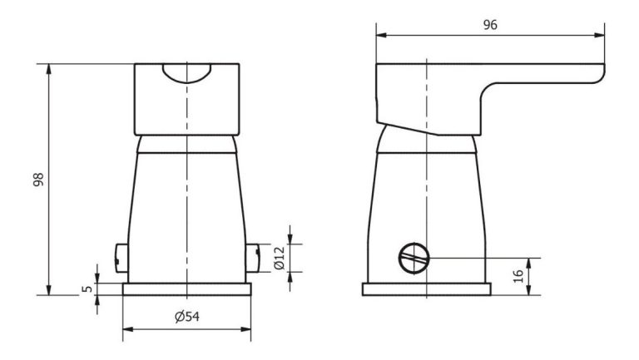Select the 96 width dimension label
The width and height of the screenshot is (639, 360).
click(x=490, y=25)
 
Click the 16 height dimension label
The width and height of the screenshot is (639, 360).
click(x=518, y=276)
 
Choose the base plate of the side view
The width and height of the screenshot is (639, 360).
click(x=426, y=290)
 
